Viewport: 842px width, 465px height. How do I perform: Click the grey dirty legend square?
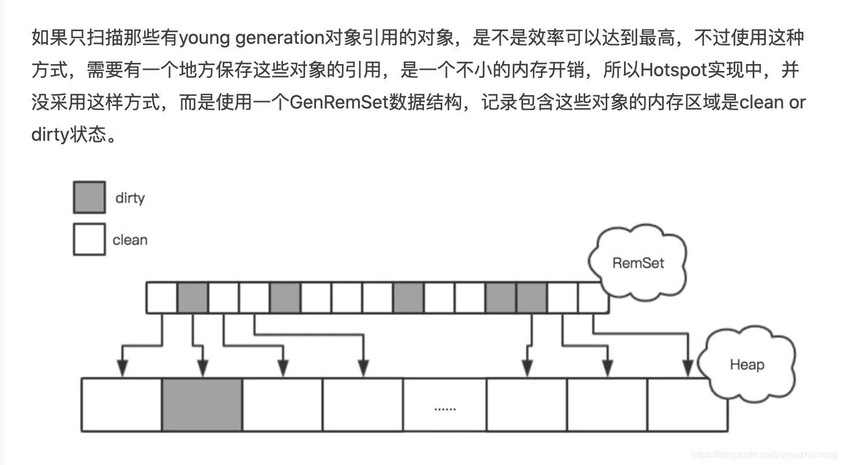tap(89, 197)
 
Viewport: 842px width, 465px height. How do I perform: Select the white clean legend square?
tap(89, 239)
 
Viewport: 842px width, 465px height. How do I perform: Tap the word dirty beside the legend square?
tap(130, 198)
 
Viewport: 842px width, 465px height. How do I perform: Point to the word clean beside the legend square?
tap(130, 239)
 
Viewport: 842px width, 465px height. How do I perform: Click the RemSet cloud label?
tap(638, 263)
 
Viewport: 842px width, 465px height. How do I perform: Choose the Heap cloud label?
tap(746, 365)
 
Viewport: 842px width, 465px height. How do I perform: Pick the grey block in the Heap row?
tap(201, 404)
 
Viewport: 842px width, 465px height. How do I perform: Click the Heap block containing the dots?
tap(444, 404)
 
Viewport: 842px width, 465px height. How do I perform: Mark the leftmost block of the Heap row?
tap(121, 404)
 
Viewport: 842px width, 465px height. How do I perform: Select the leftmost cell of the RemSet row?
tap(161, 297)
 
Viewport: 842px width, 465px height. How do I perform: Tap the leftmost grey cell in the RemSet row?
tap(192, 297)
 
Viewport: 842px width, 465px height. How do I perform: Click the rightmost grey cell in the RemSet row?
tap(531, 297)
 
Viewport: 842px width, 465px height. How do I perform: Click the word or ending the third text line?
tap(798, 103)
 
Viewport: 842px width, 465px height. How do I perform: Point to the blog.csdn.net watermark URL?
tap(764, 455)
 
